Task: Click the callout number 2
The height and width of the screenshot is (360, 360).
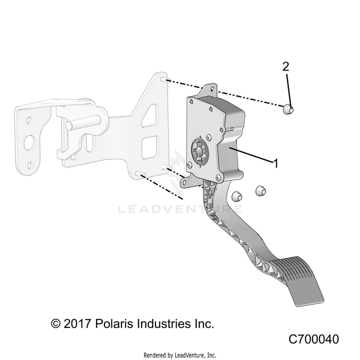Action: pos(286,67)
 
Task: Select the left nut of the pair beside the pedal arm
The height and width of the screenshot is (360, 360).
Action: pos(236,196)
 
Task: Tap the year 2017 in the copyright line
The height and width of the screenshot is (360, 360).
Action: pos(78,324)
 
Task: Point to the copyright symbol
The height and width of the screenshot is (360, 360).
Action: pos(57,324)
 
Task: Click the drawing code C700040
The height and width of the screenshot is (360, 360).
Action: pos(313,339)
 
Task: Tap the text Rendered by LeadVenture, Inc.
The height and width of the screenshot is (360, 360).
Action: pos(180,355)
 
